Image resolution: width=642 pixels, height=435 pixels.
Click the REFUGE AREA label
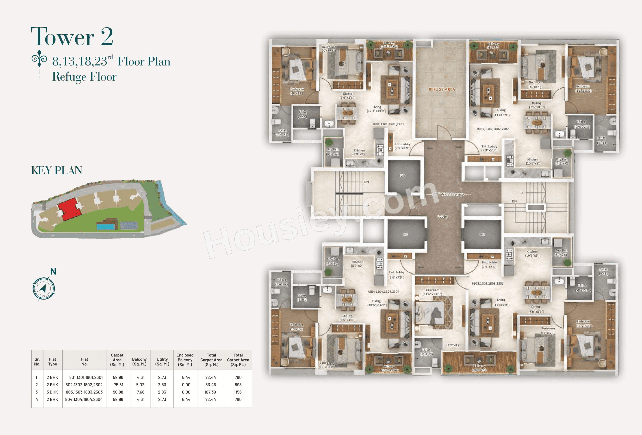tap(442, 89)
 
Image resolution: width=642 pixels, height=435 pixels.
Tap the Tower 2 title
tap(72, 37)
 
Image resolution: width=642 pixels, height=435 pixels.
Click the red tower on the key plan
tap(69, 209)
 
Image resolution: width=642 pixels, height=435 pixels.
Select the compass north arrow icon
tap(43, 289)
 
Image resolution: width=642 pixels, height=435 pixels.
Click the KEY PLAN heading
tap(57, 170)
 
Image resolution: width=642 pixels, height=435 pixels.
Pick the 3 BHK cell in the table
tap(52, 392)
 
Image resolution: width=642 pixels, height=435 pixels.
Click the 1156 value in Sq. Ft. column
tap(238, 392)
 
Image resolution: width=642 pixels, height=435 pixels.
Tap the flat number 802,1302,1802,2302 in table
tap(84, 385)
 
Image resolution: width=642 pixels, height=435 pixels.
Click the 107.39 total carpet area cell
tap(210, 392)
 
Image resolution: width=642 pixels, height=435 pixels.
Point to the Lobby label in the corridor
tap(442, 216)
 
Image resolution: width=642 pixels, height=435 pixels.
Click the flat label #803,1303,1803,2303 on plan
tap(487, 284)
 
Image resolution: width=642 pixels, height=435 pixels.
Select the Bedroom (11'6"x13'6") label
tap(432, 292)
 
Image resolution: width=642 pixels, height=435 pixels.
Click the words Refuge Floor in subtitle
tap(84, 77)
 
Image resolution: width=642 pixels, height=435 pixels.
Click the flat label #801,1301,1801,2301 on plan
tap(388, 124)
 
